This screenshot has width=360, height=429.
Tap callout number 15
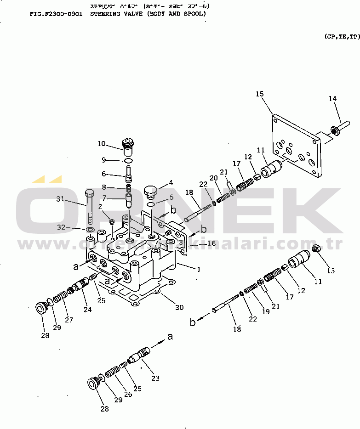260,94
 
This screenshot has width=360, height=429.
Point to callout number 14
332,98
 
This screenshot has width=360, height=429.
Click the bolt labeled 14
337,131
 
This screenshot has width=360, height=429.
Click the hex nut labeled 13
316,249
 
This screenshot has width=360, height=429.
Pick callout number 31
60,199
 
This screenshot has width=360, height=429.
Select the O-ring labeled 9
129,160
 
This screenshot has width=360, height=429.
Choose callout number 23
155,378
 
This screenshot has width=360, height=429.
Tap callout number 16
211,243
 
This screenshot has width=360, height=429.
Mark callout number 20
213,178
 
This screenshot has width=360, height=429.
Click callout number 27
69,320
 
